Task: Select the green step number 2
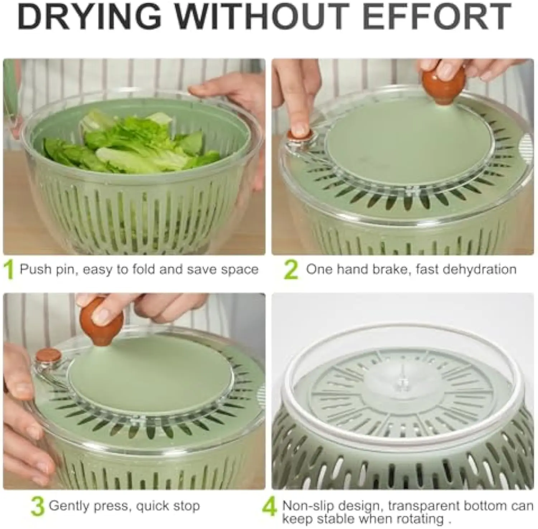pos(291,270)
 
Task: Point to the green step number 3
pos(37,506)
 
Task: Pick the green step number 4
pos(270,507)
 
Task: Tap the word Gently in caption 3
pos(70,506)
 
